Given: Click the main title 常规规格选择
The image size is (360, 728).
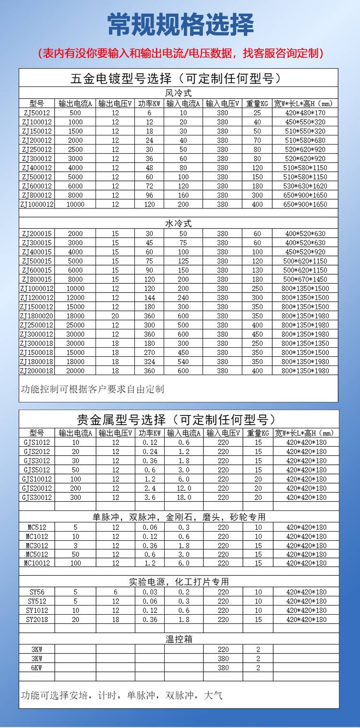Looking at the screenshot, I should pyautogui.click(x=180, y=25).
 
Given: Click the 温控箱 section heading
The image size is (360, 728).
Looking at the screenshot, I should pyautogui.click(x=179, y=639).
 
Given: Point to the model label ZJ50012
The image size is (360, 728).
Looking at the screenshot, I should pyautogui.click(x=36, y=113).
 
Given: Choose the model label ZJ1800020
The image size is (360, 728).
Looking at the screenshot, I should pyautogui.click(x=36, y=316).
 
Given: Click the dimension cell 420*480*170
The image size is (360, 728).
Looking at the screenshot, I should pyautogui.click(x=305, y=113).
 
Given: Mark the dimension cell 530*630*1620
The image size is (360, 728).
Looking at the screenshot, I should pyautogui.click(x=305, y=186).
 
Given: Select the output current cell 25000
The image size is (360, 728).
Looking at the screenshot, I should pyautogui.click(x=75, y=325).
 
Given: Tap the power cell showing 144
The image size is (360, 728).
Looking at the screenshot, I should pyautogui.click(x=150, y=298).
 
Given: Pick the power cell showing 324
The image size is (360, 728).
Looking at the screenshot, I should pyautogui.click(x=150, y=362).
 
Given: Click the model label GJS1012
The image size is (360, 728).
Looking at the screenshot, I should pyautogui.click(x=36, y=442).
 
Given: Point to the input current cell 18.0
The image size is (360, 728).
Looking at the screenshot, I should pyautogui.click(x=183, y=497).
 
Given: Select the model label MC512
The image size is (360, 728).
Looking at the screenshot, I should pyautogui.click(x=36, y=527).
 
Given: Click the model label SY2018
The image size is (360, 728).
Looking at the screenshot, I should pyautogui.click(x=36, y=619).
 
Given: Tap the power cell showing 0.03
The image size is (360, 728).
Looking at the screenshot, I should pyautogui.click(x=150, y=592).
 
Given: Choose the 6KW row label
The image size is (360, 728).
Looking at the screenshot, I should pyautogui.click(x=36, y=667).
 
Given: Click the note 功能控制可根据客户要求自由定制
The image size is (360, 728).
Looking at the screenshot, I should pyautogui.click(x=92, y=389).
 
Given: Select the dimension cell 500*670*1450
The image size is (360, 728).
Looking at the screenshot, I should pyautogui.click(x=305, y=279).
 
